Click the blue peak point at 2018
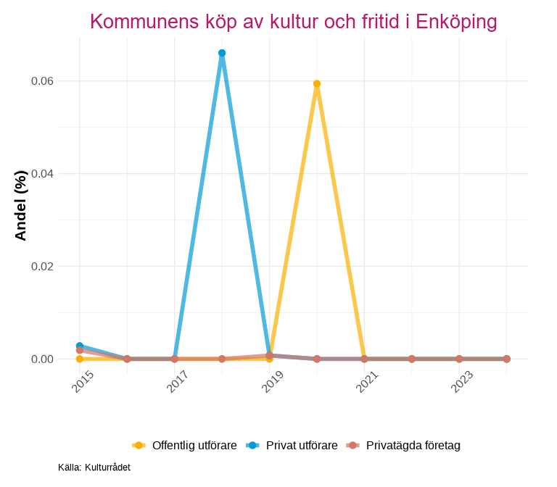click(222, 53)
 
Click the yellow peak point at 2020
click(317, 84)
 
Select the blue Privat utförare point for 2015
click(80, 346)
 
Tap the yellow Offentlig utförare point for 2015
click(80, 359)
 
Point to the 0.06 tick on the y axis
click(42, 81)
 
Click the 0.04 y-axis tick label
click(42, 174)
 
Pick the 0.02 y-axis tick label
click(42, 267)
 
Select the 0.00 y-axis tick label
click(42, 359)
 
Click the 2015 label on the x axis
click(83, 382)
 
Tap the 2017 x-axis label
click(178, 382)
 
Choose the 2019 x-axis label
click(273, 382)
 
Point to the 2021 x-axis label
click(368, 382)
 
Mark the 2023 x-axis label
click(462, 382)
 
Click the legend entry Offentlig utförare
click(194, 445)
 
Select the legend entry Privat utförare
click(302, 445)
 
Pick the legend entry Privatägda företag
click(413, 445)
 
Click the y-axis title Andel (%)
click(20, 206)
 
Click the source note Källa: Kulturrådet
click(94, 467)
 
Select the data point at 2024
click(507, 359)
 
